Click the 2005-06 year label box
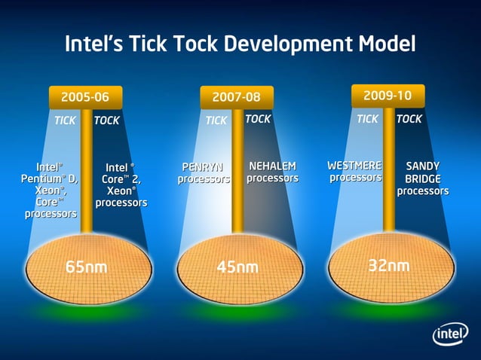[x=85, y=96]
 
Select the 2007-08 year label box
[x=237, y=97]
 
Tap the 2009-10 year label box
[x=388, y=95]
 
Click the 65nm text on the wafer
[x=85, y=267]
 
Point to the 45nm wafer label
[x=237, y=267]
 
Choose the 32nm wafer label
[x=389, y=265]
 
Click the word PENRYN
[x=204, y=166]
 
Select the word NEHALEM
[x=272, y=166]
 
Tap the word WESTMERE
[x=354, y=165]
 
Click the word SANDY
[x=423, y=166]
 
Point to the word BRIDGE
[x=423, y=178]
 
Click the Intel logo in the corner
[x=450, y=334]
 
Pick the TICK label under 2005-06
[x=65, y=121]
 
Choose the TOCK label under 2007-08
[x=259, y=119]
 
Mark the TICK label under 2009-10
[x=367, y=119]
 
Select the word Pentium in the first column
[x=43, y=178]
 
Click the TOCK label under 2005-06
[x=107, y=121]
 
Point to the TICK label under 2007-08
[x=216, y=121]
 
